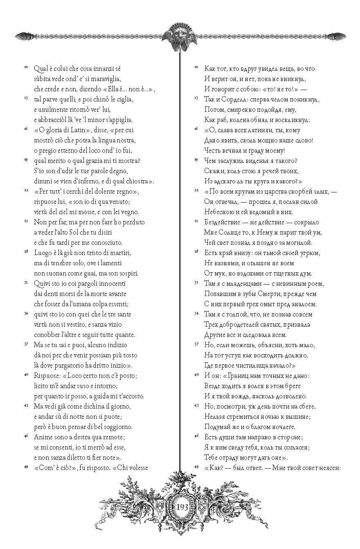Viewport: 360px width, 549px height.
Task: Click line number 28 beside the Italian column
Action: (x=26, y=251)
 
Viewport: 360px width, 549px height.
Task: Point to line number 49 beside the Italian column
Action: (x=26, y=466)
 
